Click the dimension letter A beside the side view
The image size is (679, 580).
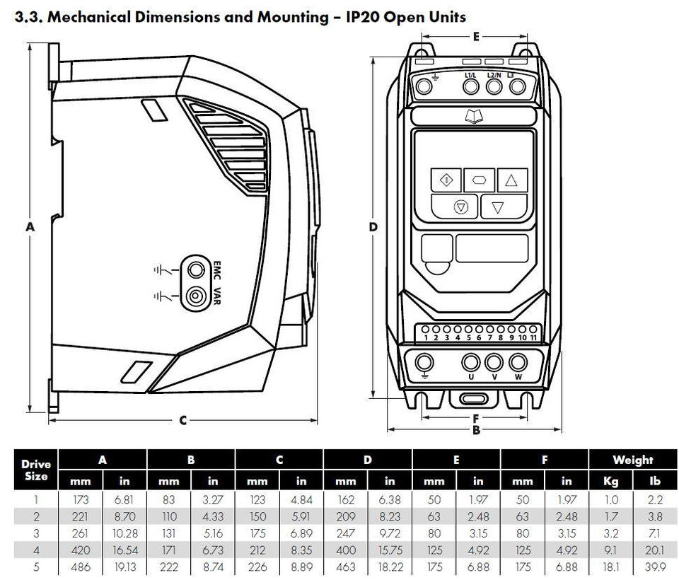(x=29, y=227)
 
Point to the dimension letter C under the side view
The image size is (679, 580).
(x=182, y=420)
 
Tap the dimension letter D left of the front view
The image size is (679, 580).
(x=373, y=227)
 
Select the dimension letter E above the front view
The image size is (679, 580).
(x=476, y=35)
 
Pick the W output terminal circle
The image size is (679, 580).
(x=518, y=362)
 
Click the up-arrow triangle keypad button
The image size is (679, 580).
(x=511, y=180)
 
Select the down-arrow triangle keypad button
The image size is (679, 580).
(x=497, y=207)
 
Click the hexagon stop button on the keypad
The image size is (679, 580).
(x=480, y=180)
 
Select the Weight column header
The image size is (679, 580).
(x=632, y=460)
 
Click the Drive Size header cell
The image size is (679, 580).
(x=36, y=470)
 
